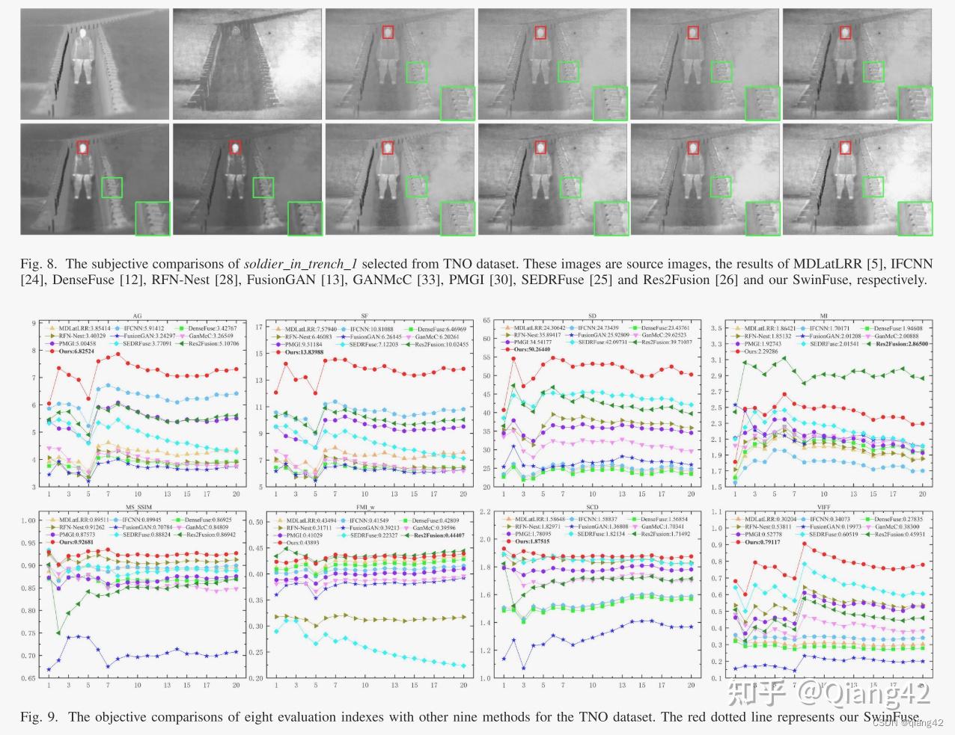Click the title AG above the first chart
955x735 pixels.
pyautogui.click(x=138, y=316)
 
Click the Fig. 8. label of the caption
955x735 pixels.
pyautogui.click(x=40, y=264)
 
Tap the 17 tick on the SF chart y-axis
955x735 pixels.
pyautogui.click(x=260, y=327)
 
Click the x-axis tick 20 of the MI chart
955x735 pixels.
pyautogui.click(x=922, y=494)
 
